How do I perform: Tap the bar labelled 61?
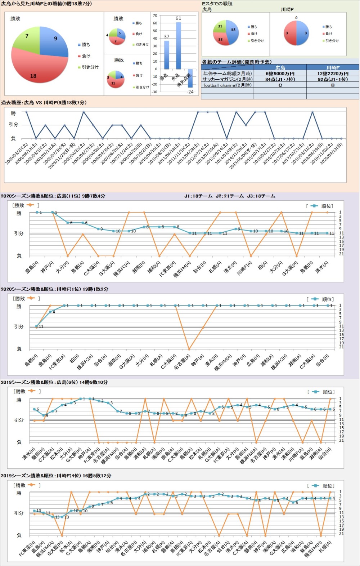pos(178,45)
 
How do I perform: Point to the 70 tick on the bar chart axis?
pos(155,15)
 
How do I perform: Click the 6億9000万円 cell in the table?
pos(280,73)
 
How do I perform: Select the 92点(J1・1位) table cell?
pos(333,79)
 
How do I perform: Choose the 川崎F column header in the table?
pos(333,67)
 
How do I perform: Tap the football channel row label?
pos(228,85)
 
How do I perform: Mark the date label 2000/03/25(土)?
pos(17,153)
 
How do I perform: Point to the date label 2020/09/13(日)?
pos(332,153)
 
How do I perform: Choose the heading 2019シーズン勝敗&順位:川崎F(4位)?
pos(56,476)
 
